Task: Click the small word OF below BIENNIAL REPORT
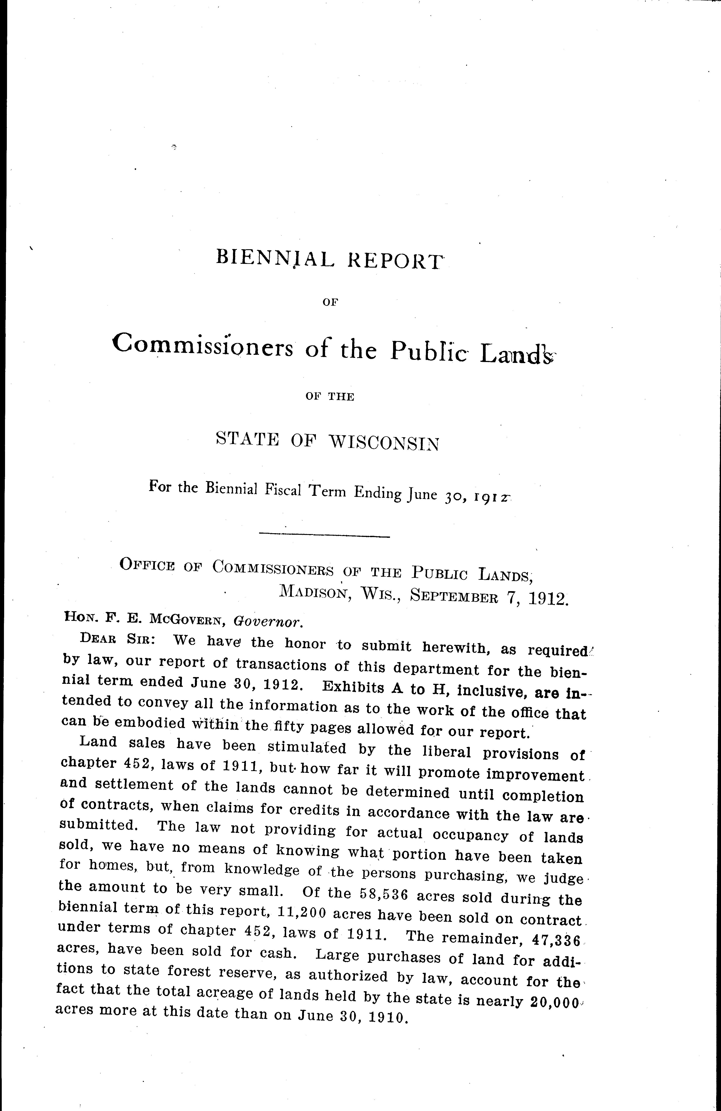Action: tap(330, 302)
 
